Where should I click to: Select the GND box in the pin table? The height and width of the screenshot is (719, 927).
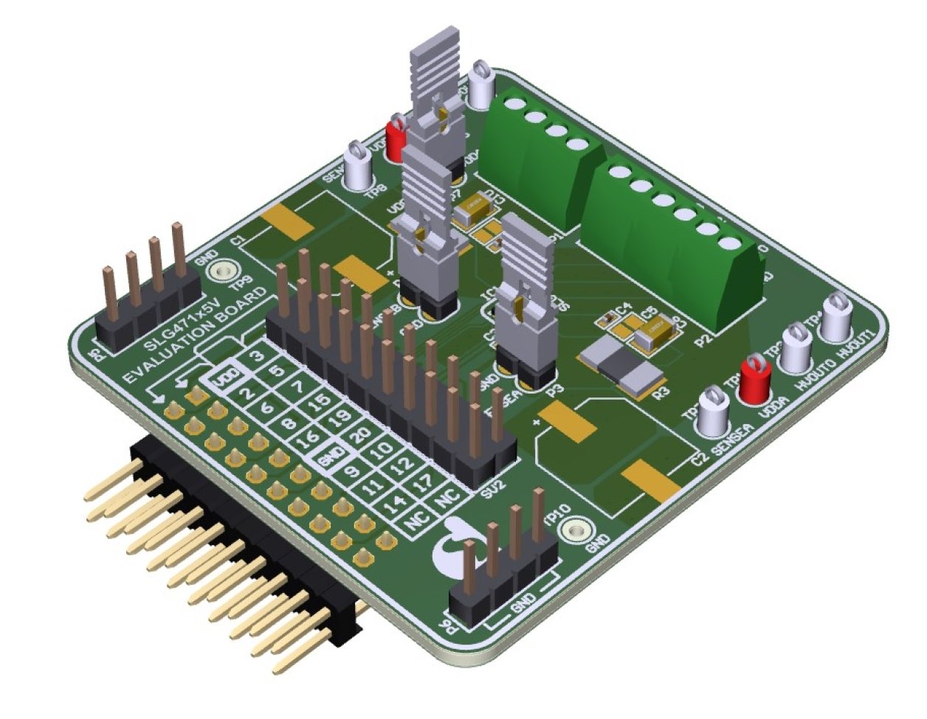coord(326,460)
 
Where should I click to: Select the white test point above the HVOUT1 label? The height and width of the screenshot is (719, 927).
coord(835,316)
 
